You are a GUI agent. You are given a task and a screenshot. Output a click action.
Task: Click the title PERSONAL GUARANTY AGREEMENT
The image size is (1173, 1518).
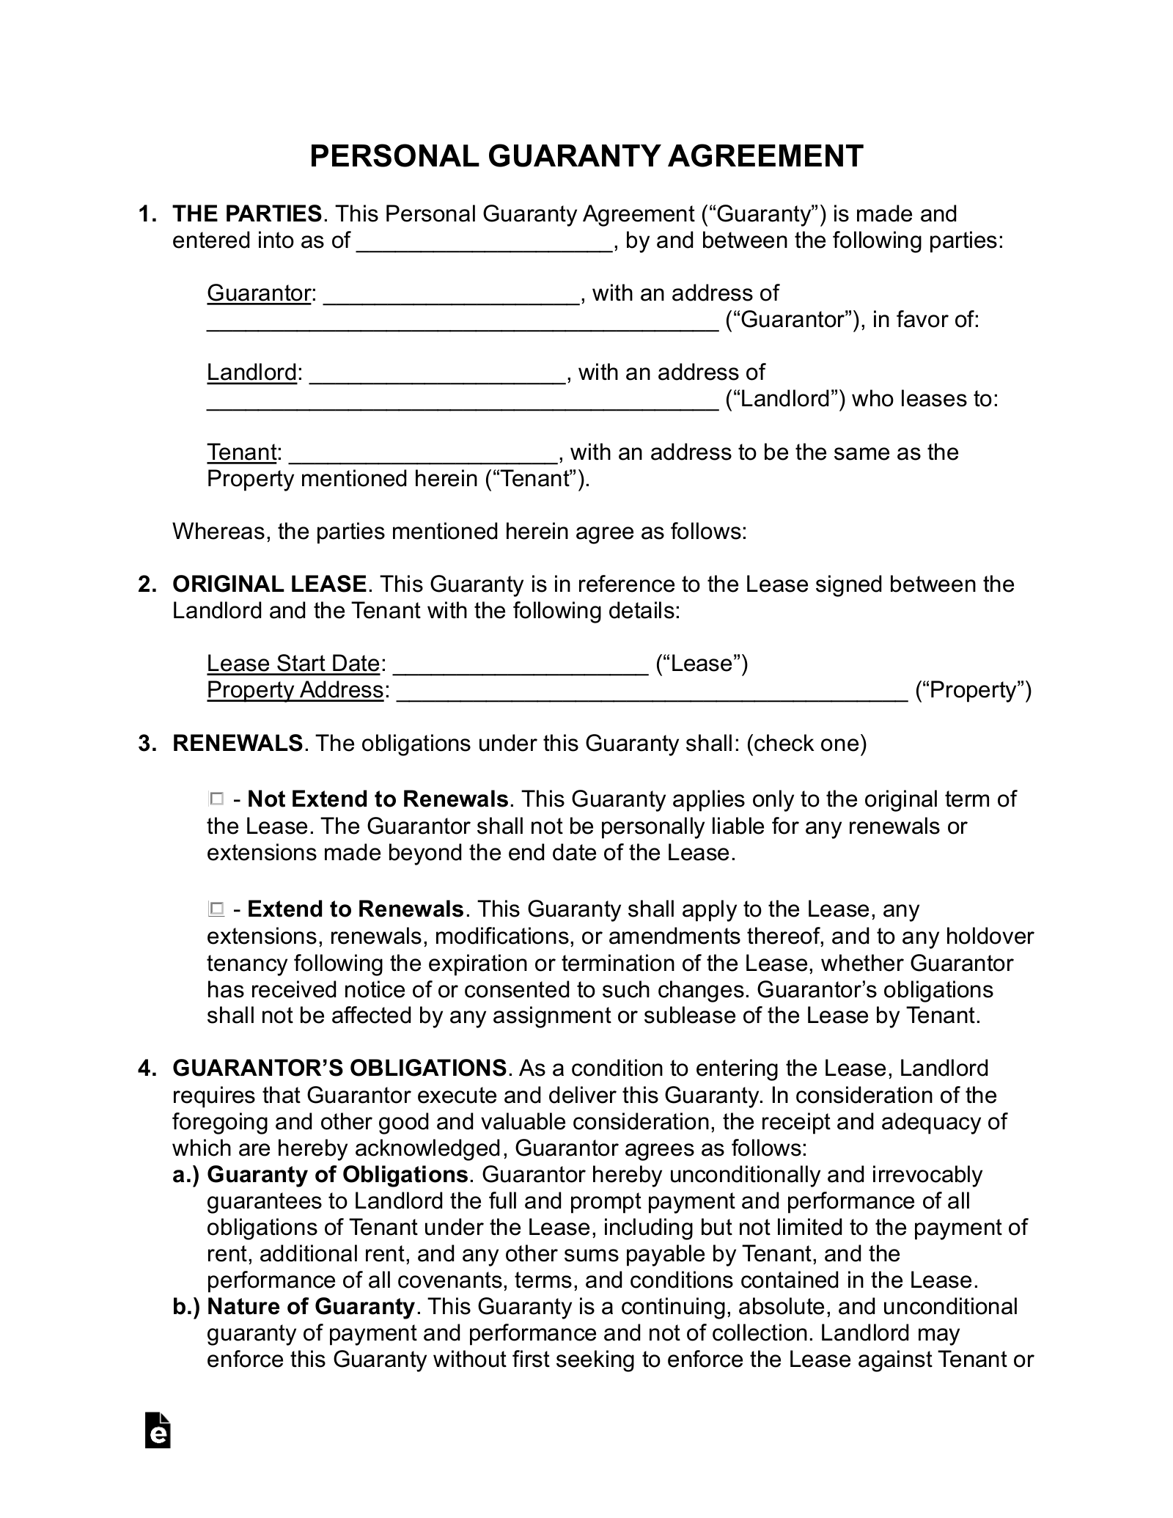click(586, 156)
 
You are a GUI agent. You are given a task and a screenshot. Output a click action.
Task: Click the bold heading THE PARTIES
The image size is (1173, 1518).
click(246, 214)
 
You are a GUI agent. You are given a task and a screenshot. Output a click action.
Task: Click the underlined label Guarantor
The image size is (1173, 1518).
click(260, 293)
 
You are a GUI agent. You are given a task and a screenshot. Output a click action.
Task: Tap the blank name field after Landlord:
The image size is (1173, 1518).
click(437, 374)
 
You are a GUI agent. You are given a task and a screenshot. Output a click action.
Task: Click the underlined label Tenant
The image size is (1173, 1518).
click(240, 452)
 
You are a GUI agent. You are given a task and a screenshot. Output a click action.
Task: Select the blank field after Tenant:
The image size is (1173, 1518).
click(424, 453)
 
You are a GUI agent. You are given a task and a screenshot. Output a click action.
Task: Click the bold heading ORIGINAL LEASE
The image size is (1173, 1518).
click(269, 584)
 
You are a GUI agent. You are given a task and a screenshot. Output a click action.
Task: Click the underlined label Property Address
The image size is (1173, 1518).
click(295, 690)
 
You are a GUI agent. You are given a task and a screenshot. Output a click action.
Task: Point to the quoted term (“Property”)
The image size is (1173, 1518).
click(973, 690)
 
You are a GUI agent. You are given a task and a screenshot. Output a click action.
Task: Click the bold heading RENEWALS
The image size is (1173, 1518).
click(237, 743)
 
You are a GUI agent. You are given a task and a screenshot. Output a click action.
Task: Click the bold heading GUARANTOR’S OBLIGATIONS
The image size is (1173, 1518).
click(339, 1068)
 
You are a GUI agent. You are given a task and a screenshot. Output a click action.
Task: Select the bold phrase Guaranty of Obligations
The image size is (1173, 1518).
click(337, 1174)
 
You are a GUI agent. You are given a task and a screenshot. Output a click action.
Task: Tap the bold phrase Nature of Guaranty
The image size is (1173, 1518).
click(311, 1306)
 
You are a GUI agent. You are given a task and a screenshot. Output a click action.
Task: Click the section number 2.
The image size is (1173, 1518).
click(147, 584)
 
